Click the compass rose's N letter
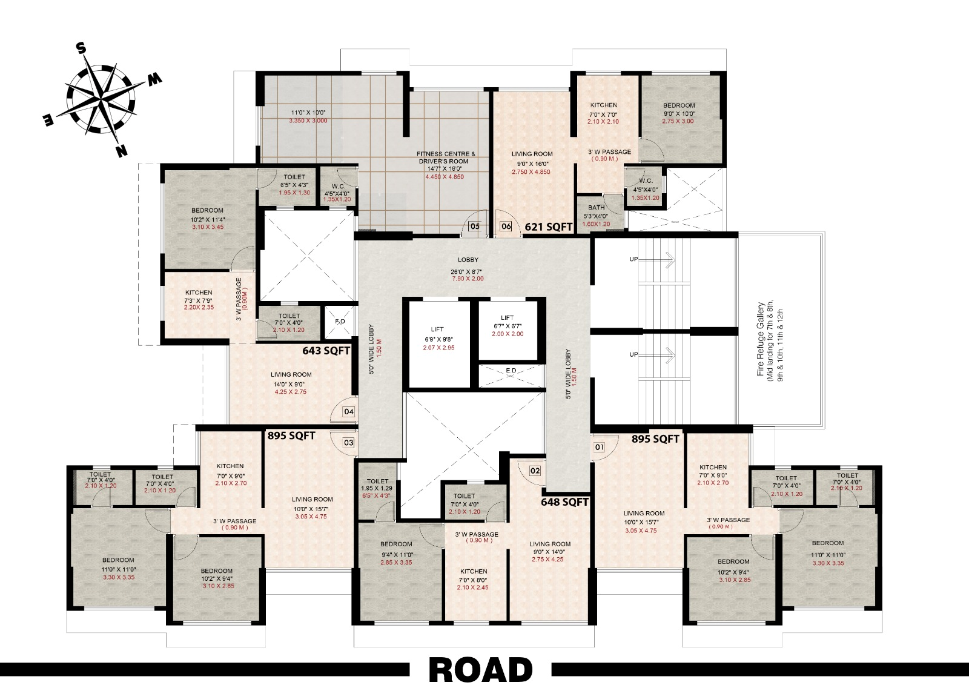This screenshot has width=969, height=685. coord(121,151)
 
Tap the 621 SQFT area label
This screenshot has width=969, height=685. coord(549,227)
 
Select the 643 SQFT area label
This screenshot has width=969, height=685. coord(326,350)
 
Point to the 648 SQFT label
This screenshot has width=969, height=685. coord(564,501)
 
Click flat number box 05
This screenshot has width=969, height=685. coord(475,227)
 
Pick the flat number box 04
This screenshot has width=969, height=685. coord(349,412)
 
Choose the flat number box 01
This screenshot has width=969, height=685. coord(600,448)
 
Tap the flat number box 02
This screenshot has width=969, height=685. coord(535,471)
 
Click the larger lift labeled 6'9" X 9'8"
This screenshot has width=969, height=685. coord(438,339)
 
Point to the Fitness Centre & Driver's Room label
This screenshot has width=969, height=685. coord(446,157)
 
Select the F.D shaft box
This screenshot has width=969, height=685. coord(340,322)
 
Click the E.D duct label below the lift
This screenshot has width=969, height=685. coord(511,370)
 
